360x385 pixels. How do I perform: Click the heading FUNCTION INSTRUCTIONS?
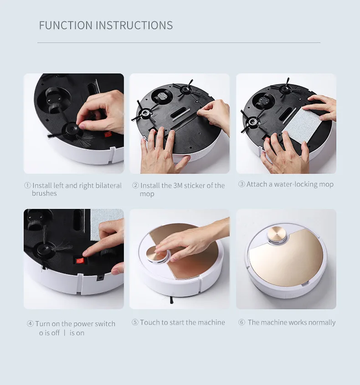pyautogui.click(x=106, y=25)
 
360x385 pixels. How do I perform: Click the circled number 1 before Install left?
pyautogui.click(x=27, y=186)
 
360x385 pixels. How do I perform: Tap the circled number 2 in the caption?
pyautogui.click(x=135, y=186)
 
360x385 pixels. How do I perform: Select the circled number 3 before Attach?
pyautogui.click(x=242, y=184)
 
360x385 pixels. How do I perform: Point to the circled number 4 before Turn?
pyautogui.click(x=30, y=324)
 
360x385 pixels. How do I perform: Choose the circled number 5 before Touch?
pyautogui.click(x=135, y=323)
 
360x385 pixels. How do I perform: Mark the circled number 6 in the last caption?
pyautogui.click(x=242, y=323)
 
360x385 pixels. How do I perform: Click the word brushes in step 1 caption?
pyautogui.click(x=44, y=193)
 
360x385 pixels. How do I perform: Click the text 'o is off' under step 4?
pyautogui.click(x=49, y=333)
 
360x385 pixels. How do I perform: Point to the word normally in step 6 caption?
pyautogui.click(x=321, y=323)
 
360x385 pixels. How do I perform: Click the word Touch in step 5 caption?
pyautogui.click(x=150, y=323)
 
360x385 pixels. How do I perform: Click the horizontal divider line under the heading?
pyautogui.click(x=179, y=42)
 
